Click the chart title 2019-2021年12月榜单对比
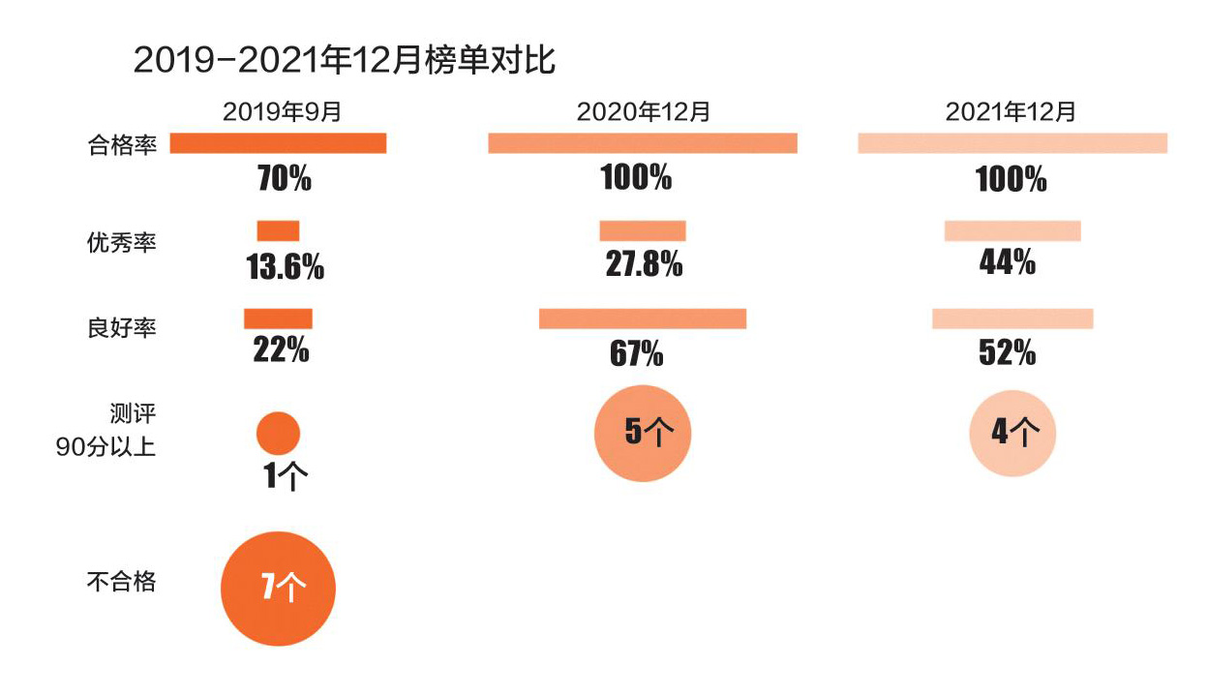click(344, 60)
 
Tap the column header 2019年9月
click(283, 111)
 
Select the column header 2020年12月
click(643, 111)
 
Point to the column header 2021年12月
click(1011, 111)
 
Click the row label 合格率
click(121, 146)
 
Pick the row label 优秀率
click(121, 242)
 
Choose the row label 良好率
click(121, 328)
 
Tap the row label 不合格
click(121, 582)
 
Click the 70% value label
click(284, 179)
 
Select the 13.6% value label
click(286, 267)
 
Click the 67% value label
click(636, 353)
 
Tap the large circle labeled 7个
click(278, 589)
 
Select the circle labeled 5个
click(643, 432)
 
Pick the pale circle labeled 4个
click(1012, 433)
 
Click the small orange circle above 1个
click(278, 433)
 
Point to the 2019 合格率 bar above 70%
click(278, 143)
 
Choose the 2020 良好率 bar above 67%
click(643, 318)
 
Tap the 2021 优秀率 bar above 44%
click(1012, 231)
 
